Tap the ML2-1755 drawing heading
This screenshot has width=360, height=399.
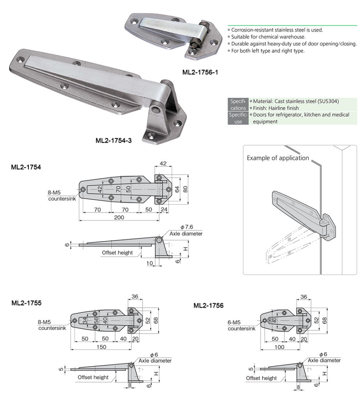26,302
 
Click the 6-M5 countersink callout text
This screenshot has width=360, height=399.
241,326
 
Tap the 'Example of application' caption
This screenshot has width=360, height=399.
278,158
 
